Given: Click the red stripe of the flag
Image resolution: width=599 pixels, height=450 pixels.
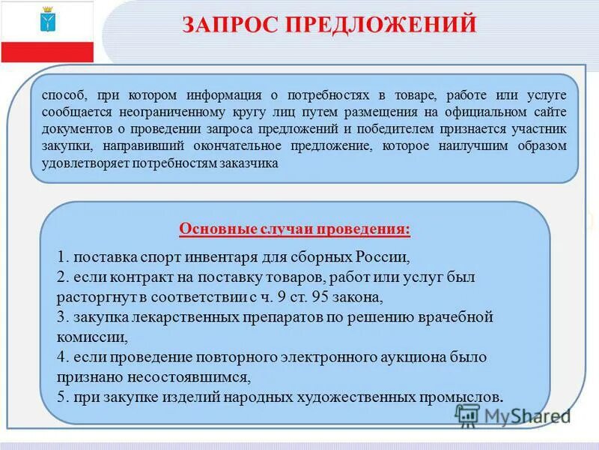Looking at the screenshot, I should (46, 52).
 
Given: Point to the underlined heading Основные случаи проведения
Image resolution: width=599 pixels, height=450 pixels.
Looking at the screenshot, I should (294, 228).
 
